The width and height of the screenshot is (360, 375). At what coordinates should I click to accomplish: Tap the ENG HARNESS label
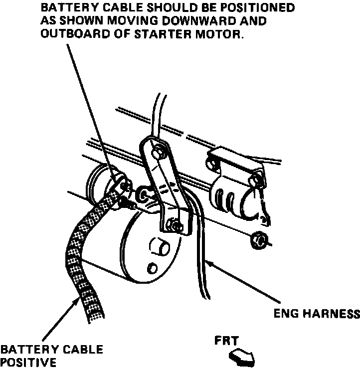pyautogui.click(x=317, y=314)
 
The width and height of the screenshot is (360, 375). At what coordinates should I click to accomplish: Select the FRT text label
pyautogui.click(x=227, y=342)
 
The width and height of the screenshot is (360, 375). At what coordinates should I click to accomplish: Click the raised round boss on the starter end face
pyautogui.click(x=160, y=248)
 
